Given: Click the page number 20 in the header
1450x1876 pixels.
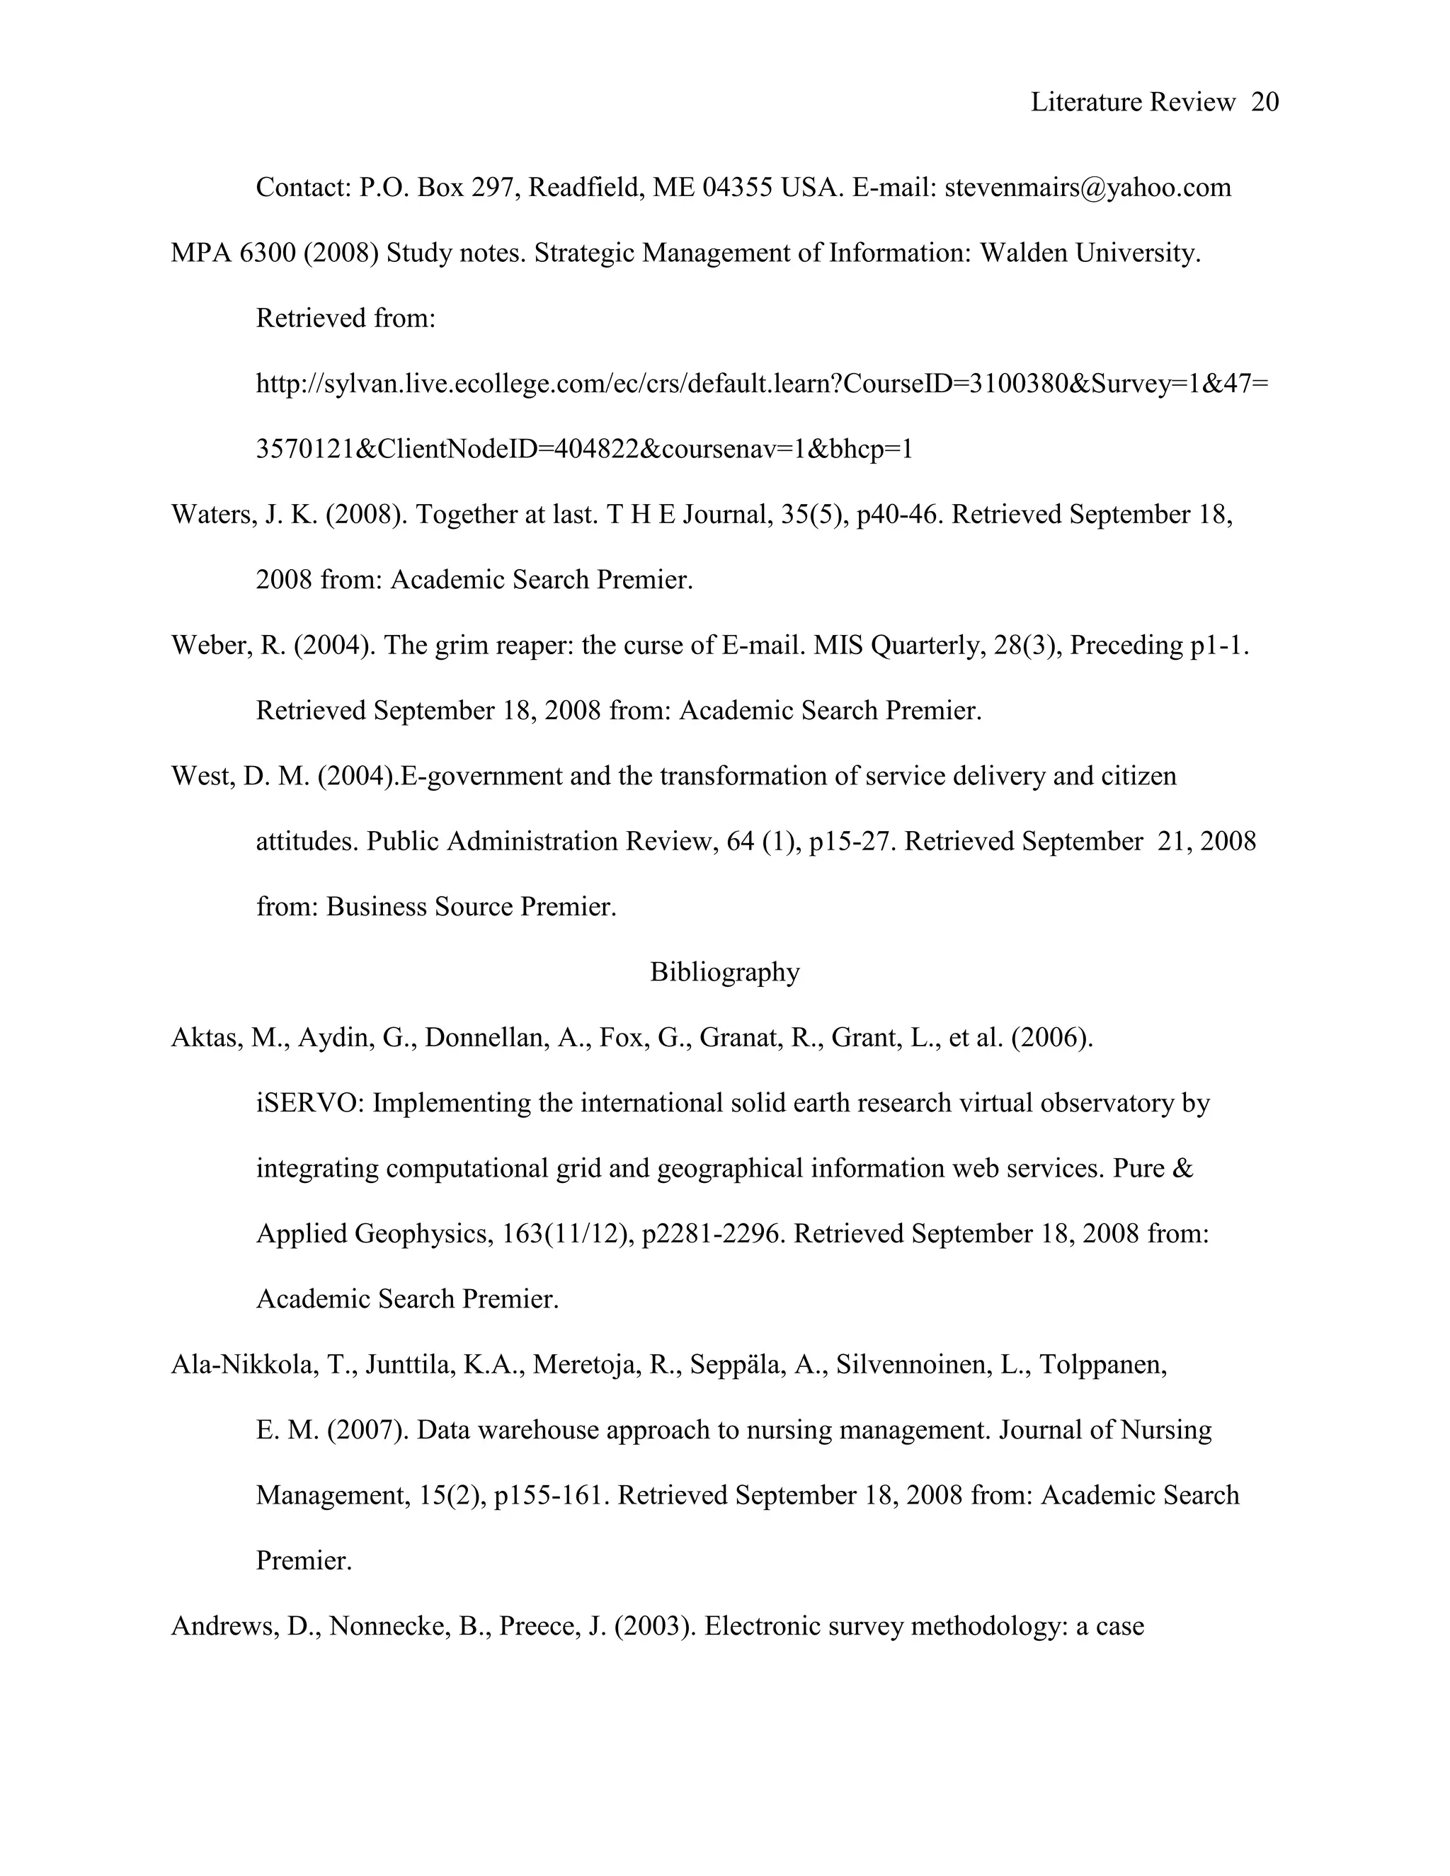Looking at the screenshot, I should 1265,102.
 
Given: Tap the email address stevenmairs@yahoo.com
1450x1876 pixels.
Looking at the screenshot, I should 1087,188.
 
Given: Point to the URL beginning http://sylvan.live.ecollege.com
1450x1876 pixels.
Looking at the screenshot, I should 762,384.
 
